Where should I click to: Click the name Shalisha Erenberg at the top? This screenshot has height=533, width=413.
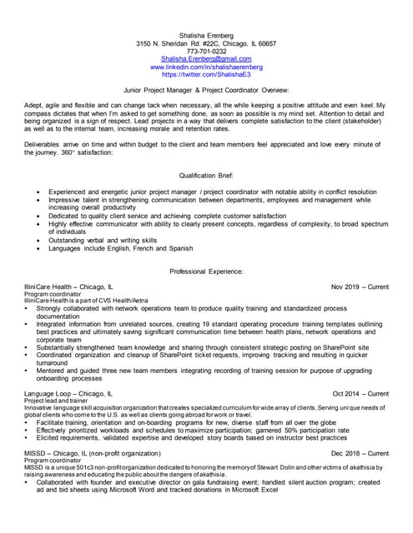point(206,34)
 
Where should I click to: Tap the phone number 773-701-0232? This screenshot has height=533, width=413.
point(206,51)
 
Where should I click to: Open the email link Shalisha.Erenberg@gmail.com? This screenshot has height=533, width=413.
point(206,59)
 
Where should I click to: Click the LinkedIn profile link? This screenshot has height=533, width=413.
point(206,67)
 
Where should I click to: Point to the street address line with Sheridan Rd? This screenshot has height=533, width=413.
point(206,42)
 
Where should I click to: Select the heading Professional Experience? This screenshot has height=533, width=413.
point(206,271)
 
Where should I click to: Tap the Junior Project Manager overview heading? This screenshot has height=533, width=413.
point(206,89)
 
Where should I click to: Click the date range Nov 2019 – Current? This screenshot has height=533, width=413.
point(360,286)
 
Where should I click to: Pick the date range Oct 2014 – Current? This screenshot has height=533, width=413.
point(360,393)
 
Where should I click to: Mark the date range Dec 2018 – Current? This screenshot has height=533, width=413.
point(360,453)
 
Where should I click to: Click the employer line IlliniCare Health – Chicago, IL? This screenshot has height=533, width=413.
point(68,286)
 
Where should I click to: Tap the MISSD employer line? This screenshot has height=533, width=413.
point(93,453)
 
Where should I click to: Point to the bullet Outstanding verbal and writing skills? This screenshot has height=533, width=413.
point(108,239)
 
